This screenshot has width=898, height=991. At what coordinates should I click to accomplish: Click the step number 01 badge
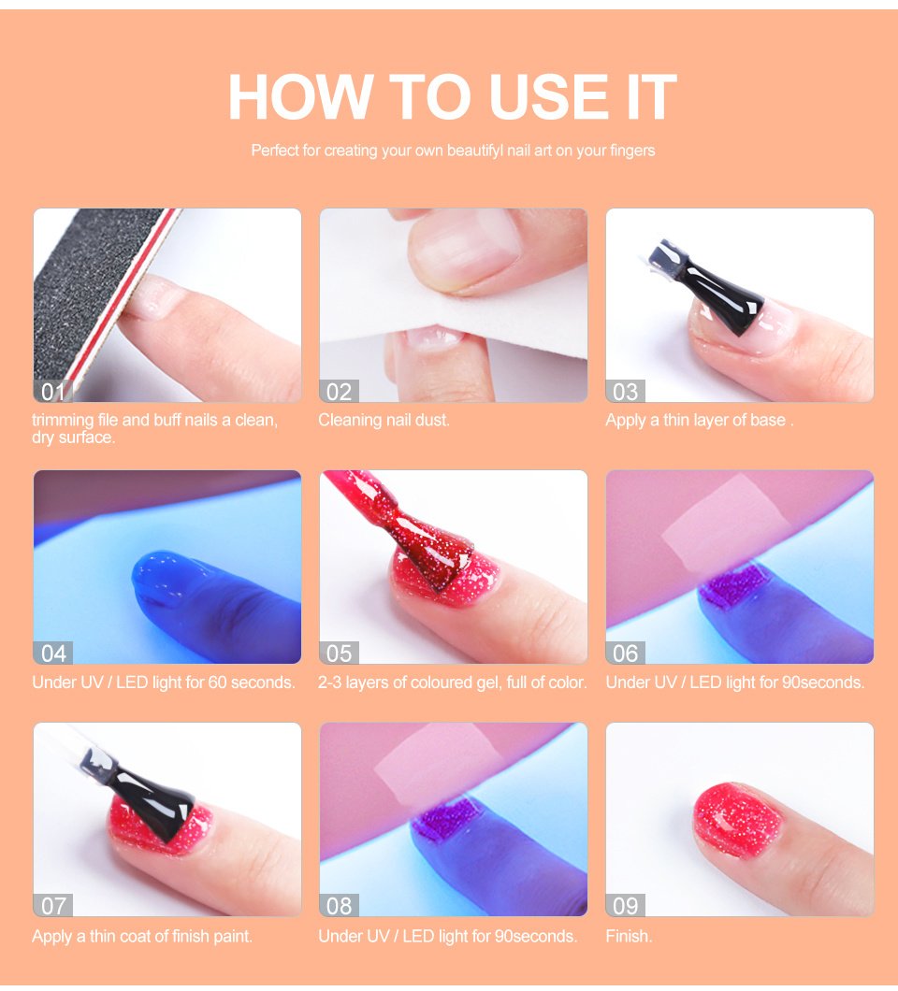(x=53, y=392)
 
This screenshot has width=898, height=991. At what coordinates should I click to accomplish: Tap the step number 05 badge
(x=339, y=653)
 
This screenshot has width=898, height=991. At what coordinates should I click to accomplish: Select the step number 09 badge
(x=626, y=906)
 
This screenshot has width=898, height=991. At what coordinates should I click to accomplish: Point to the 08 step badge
(x=339, y=906)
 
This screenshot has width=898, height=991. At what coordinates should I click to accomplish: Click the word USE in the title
(x=548, y=96)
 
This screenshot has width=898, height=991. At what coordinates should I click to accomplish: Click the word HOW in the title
(x=299, y=96)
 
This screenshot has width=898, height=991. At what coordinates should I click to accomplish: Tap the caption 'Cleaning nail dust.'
(x=384, y=421)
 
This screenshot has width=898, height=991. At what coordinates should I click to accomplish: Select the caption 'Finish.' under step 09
(x=629, y=936)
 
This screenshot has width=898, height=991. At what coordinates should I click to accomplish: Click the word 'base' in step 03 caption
(x=767, y=421)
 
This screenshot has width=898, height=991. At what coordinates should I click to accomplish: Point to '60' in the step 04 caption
(x=218, y=682)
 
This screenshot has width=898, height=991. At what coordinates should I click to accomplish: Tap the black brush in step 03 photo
(x=712, y=288)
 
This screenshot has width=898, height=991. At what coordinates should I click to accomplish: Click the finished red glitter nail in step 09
(x=738, y=819)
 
